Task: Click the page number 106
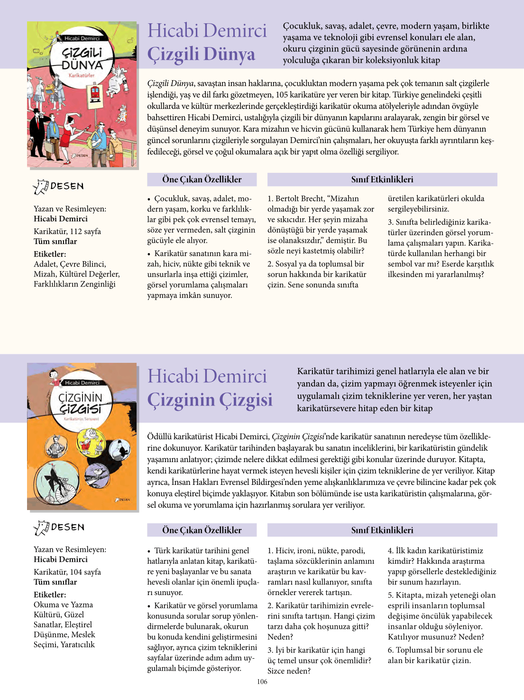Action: click(x=262, y=681)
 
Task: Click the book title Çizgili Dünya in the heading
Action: click(x=201, y=54)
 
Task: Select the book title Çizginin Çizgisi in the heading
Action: click(x=210, y=400)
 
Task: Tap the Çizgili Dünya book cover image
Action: click(x=82, y=95)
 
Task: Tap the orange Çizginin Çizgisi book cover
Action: click(x=82, y=436)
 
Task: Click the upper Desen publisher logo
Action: click(x=59, y=187)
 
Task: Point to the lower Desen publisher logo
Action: click(x=59, y=528)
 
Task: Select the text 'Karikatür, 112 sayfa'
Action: click(x=67, y=231)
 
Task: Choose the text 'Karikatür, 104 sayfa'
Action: click(x=67, y=572)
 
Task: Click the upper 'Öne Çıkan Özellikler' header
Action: click(x=202, y=180)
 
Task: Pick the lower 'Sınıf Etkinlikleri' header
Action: click(x=382, y=530)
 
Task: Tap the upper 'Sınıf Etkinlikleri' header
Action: click(x=382, y=180)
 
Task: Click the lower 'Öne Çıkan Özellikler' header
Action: click(x=202, y=530)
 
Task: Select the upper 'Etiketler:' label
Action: click(x=50, y=254)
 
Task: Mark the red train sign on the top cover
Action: click(x=95, y=93)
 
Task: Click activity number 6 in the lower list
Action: click(x=390, y=650)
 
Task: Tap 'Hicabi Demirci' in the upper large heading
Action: click(x=207, y=31)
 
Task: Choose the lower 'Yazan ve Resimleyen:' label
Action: click(x=70, y=549)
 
